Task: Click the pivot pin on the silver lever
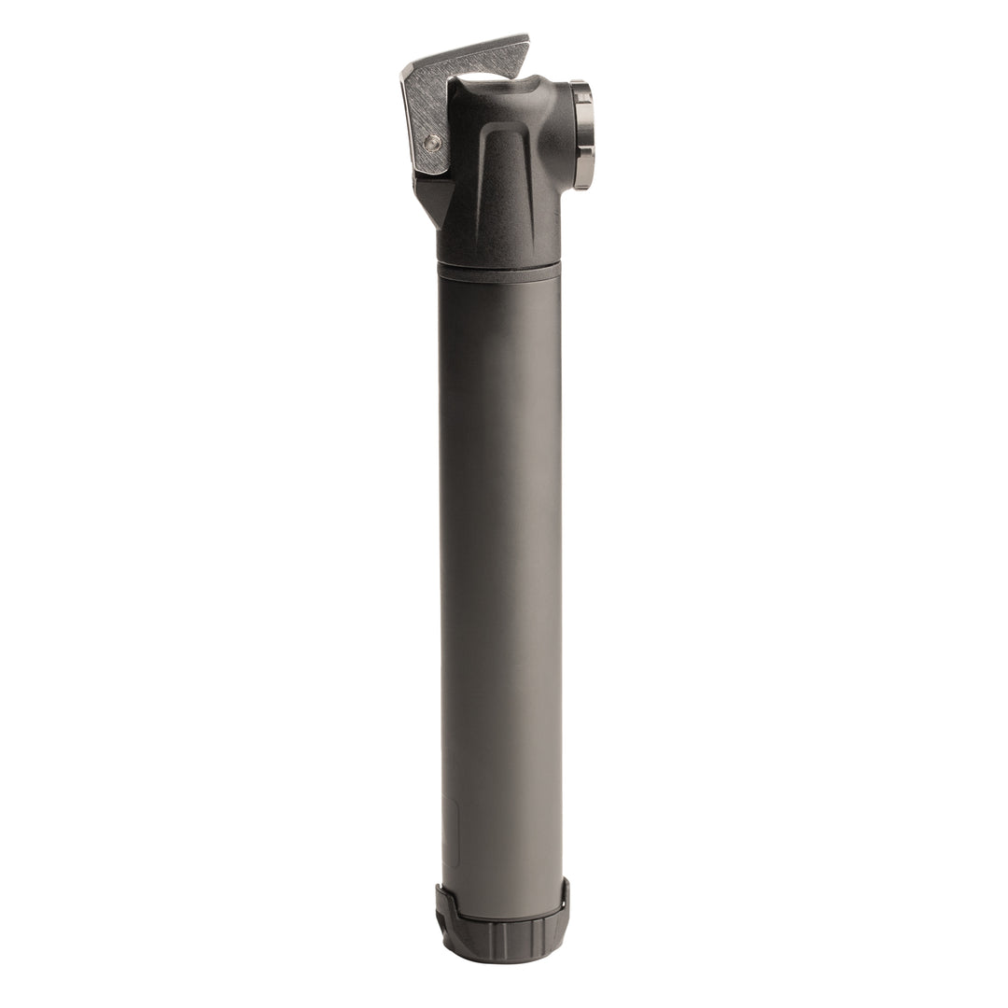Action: click(x=431, y=143)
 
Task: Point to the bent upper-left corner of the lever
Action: click(x=407, y=75)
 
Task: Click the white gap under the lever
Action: click(x=485, y=73)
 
